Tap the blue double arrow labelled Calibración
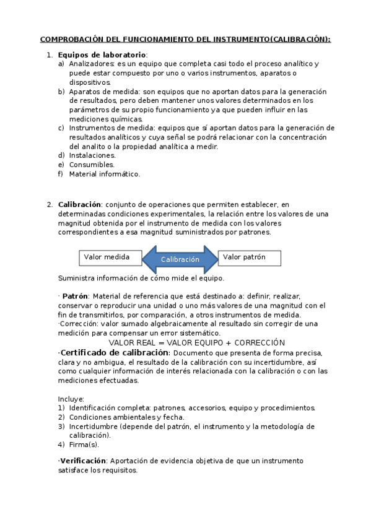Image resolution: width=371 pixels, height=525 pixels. point(180,259)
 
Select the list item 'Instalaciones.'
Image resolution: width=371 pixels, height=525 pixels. point(92,155)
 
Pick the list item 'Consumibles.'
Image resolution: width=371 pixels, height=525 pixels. point(92,165)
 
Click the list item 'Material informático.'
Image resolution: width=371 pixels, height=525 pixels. point(105,174)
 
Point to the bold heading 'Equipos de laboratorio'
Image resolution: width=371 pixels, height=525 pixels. point(102,54)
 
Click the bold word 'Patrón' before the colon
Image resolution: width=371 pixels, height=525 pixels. point(76,296)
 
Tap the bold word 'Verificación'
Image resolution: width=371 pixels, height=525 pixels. point(83,461)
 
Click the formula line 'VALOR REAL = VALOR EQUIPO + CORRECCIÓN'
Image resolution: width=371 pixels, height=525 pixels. point(196,342)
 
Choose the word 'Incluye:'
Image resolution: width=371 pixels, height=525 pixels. point(71,399)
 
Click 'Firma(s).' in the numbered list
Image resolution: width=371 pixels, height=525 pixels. point(84,445)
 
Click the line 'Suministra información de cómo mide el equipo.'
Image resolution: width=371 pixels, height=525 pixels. point(141,278)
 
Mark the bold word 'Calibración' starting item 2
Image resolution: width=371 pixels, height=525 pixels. point(79,204)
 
